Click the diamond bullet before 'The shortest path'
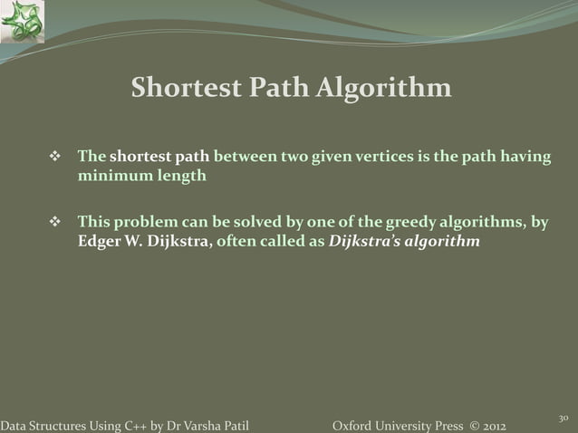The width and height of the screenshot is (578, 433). click(53, 159)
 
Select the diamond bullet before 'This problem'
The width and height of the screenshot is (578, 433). click(53, 223)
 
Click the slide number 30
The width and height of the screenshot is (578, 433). click(563, 418)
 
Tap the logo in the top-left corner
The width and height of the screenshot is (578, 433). click(22, 22)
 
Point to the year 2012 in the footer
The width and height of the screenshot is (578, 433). click(489, 425)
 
